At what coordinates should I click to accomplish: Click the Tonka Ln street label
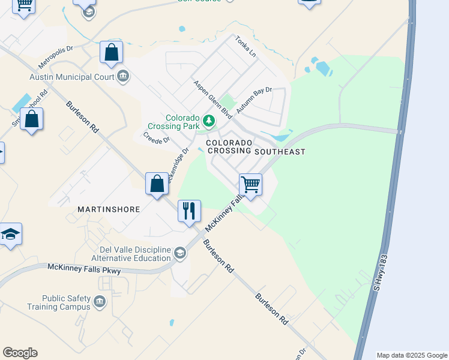(246, 46)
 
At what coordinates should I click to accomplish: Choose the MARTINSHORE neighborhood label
(109, 209)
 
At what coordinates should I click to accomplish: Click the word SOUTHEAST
(280, 152)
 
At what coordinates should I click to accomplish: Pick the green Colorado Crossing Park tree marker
(209, 121)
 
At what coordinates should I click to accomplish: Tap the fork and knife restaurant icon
(189, 211)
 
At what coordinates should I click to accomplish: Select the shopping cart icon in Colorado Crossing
(250, 184)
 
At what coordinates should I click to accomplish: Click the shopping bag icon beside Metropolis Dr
(111, 52)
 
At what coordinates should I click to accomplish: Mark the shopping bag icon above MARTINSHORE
(157, 184)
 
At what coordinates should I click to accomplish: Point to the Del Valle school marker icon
(179, 254)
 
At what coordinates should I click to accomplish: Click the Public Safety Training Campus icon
(100, 302)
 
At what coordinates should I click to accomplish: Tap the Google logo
(20, 353)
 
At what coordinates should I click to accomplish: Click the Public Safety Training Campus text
(66, 302)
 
